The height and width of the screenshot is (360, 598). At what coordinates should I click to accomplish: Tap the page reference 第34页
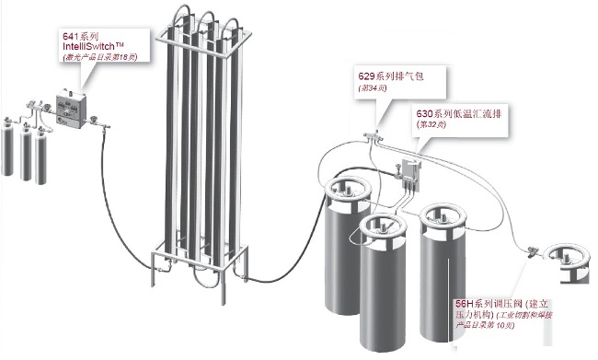pyautogui.click(x=374, y=88)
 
